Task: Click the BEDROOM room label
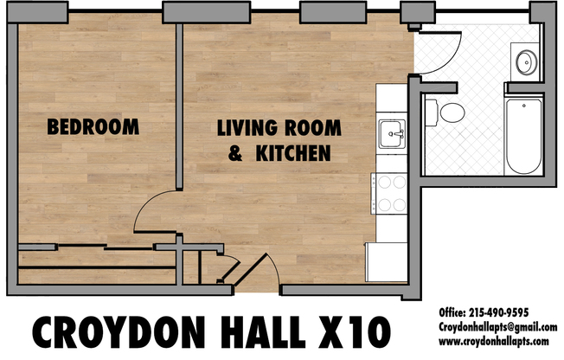(x=93, y=126)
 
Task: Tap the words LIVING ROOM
(x=279, y=129)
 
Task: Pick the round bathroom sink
(x=525, y=61)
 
